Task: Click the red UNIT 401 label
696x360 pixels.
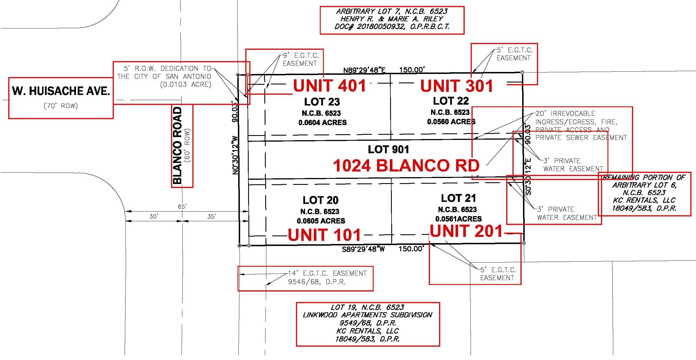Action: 330,86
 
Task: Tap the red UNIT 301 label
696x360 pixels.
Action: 457,86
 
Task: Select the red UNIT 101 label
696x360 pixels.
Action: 324,235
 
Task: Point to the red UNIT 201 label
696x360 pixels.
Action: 466,231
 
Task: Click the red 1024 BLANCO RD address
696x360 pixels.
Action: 406,165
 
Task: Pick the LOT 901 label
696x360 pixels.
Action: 388,149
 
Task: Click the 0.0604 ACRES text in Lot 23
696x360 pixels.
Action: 322,123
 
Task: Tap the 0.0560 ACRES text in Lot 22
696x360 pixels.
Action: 451,122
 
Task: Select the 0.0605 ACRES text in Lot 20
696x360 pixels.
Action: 321,221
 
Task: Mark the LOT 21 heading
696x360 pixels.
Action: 458,198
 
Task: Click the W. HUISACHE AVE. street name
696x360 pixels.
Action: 61,91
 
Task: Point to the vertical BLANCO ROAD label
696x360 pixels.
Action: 177,145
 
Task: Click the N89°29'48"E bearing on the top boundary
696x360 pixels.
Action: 364,70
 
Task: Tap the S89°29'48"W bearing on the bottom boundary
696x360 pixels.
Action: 363,249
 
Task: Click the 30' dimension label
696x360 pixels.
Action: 153,216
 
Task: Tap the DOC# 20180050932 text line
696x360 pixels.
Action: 392,27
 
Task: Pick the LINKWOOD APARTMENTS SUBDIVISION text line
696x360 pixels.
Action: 367,315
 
